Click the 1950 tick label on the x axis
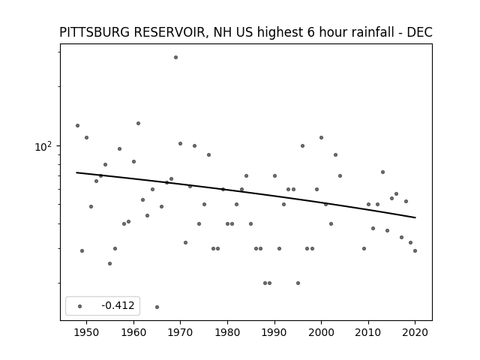87,332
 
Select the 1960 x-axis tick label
133,332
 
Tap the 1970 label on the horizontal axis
180,332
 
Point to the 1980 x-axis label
227,332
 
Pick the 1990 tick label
274,332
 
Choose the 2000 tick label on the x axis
322,332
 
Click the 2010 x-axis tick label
368,332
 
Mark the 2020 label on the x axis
415,332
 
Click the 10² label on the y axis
43,147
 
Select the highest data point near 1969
175,58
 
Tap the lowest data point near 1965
157,307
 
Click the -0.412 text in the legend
118,305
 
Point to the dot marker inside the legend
80,306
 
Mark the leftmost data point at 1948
77,125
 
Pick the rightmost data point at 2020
415,250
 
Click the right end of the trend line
415,217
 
